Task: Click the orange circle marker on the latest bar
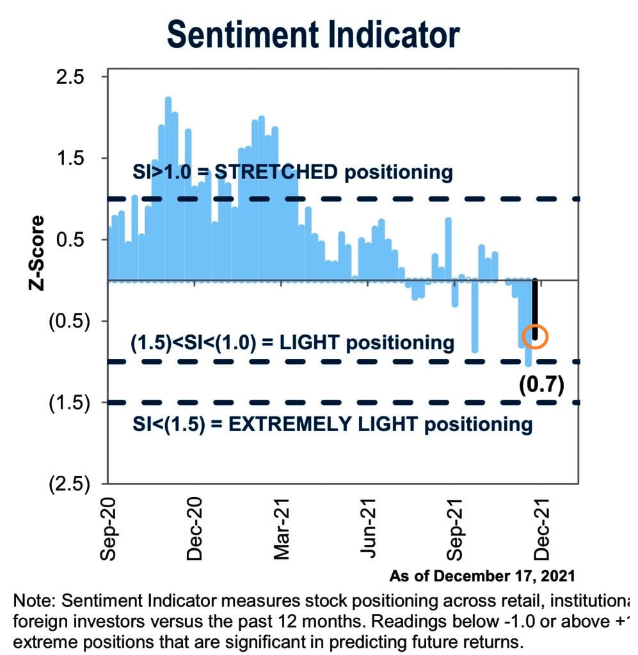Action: click(x=535, y=336)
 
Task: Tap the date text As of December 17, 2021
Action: click(x=482, y=576)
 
